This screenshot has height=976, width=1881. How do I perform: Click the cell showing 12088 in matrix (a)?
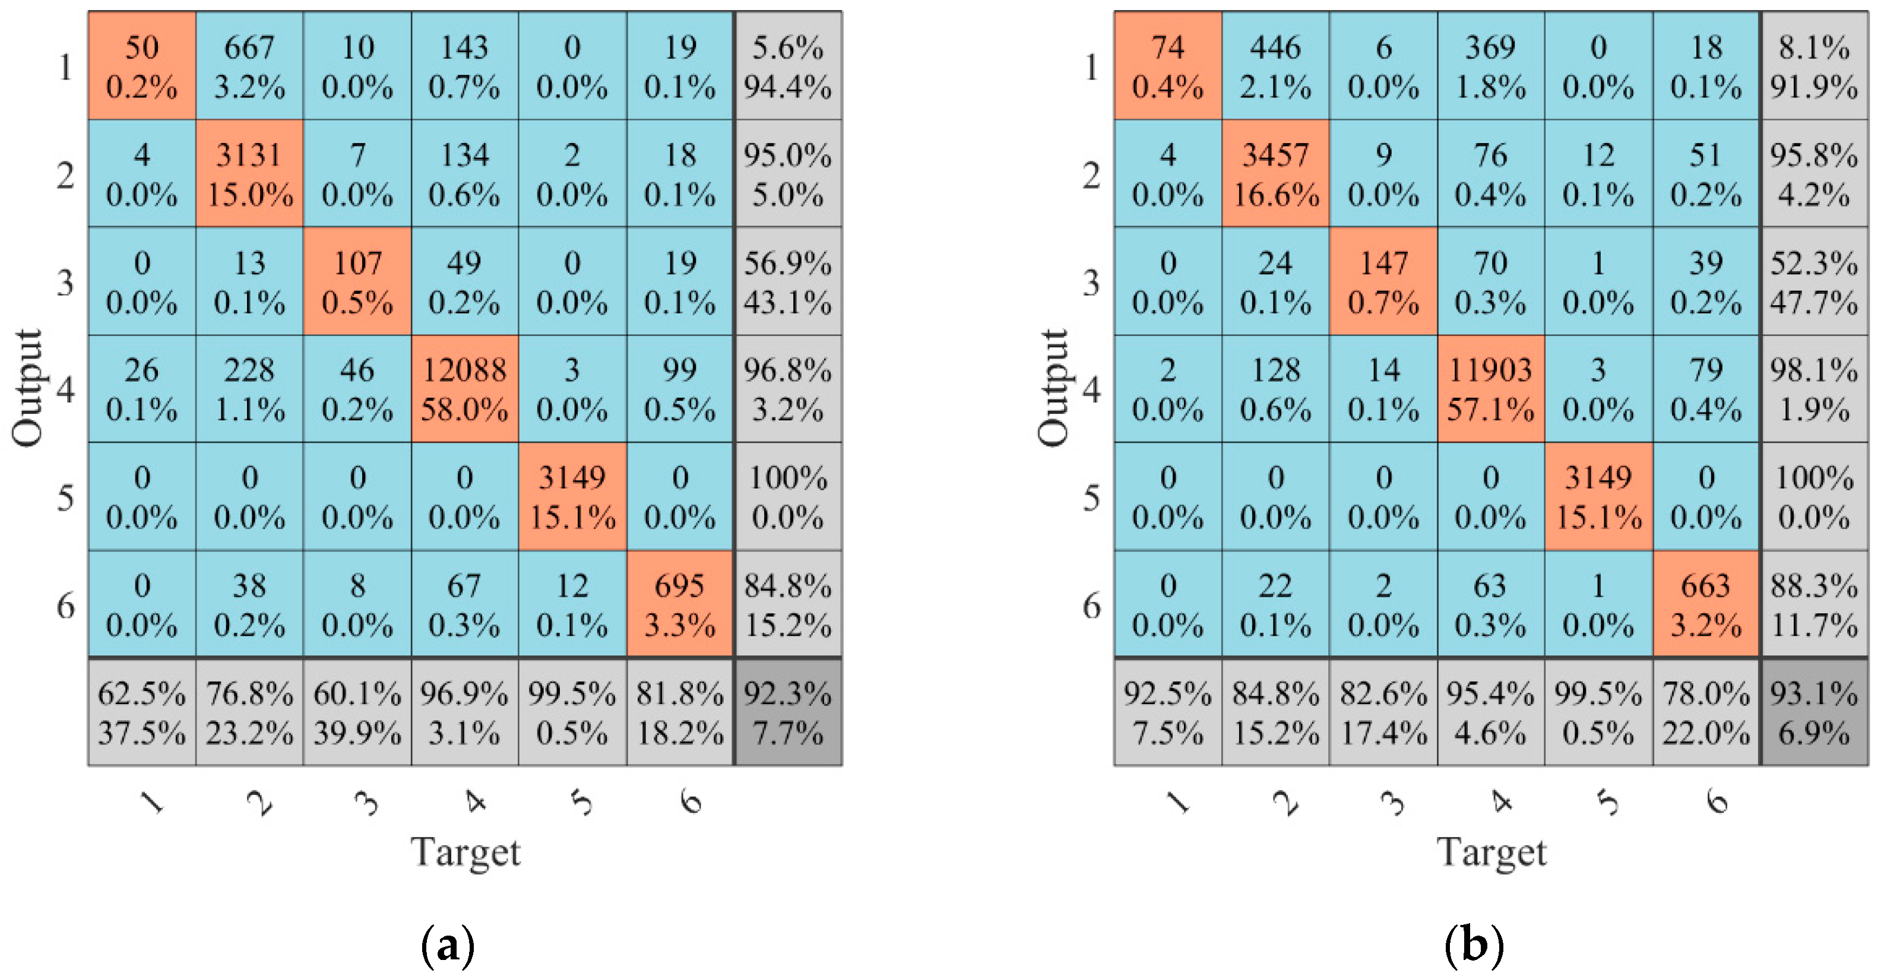click(464, 388)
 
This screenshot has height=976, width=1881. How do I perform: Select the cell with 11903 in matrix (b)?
click(1490, 388)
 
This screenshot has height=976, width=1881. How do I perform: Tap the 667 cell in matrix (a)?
click(249, 66)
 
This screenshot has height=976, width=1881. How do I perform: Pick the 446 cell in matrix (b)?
click(1275, 66)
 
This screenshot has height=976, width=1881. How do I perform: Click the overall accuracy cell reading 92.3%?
click(788, 712)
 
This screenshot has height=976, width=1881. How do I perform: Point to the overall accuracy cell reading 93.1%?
click(1814, 712)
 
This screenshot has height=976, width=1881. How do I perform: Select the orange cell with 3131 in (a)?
click(249, 174)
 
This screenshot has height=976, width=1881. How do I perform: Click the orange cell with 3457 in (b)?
click(1275, 174)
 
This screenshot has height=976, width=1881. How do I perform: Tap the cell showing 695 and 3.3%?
click(680, 604)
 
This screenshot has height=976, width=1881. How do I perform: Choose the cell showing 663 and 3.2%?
click(1706, 604)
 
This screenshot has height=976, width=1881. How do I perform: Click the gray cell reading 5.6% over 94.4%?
click(788, 66)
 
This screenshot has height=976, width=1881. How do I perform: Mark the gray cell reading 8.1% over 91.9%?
click(1814, 66)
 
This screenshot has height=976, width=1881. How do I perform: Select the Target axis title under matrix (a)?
click(466, 852)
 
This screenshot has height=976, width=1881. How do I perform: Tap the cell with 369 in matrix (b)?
click(1490, 66)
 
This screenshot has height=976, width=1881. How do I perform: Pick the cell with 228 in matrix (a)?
click(249, 388)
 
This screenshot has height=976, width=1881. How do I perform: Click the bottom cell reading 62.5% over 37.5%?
click(142, 712)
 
